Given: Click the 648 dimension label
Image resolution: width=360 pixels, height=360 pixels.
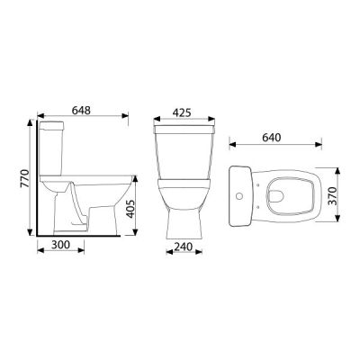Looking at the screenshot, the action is tap(81, 111).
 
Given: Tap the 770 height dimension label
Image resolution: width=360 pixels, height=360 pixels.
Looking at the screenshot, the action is tap(24, 179).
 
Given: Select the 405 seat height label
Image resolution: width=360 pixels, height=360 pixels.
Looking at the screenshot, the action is tap(130, 209).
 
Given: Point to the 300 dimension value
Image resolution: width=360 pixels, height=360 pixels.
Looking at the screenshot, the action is tap(60, 245).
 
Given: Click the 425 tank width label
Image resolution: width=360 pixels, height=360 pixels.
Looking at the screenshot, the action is tap(182, 112).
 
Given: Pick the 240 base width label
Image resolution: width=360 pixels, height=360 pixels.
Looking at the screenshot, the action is tap(183, 247).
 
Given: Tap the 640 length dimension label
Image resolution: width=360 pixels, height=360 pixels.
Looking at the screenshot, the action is tap(272, 138).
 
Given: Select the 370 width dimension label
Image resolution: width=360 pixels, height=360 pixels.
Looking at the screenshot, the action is tap(332, 195).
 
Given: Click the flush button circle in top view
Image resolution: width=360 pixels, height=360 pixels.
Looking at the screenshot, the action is tap(239, 196).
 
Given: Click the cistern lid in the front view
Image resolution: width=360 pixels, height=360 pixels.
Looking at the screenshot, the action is tap(184, 130).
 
